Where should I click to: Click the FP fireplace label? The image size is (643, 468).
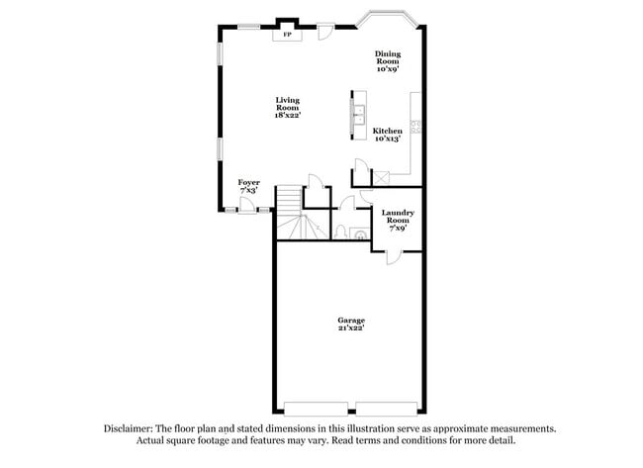[x=288, y=36]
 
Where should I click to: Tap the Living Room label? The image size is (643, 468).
[x=288, y=107]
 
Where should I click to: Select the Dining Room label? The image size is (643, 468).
[x=387, y=61]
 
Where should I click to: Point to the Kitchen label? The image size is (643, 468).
[x=387, y=135]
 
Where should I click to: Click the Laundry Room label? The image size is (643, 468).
[x=398, y=220]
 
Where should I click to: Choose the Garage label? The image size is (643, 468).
[x=351, y=324]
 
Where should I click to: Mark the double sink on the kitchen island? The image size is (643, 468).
[x=357, y=112]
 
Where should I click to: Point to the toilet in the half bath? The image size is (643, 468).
[x=340, y=233]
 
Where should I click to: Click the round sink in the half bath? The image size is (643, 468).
[x=359, y=234]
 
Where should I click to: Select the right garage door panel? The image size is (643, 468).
[x=387, y=409]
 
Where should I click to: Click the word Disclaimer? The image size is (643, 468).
[x=129, y=428]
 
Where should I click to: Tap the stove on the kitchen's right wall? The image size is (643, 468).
[x=416, y=126]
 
